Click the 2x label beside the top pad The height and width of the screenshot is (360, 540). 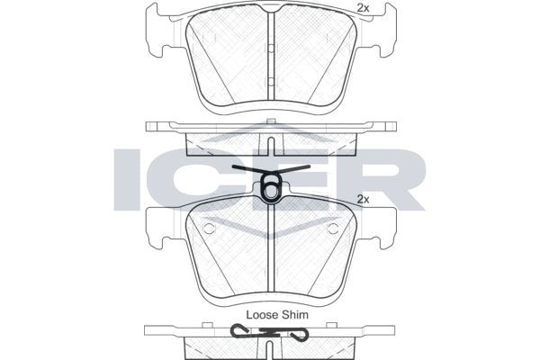[364, 8]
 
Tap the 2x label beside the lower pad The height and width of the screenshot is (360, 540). [364, 198]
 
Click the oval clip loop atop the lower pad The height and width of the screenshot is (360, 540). [271, 190]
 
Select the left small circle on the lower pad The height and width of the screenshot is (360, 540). [209, 229]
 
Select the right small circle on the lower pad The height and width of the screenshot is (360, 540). [333, 229]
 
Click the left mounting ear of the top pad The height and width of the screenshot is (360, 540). [157, 28]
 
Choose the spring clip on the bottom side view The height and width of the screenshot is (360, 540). [271, 334]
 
